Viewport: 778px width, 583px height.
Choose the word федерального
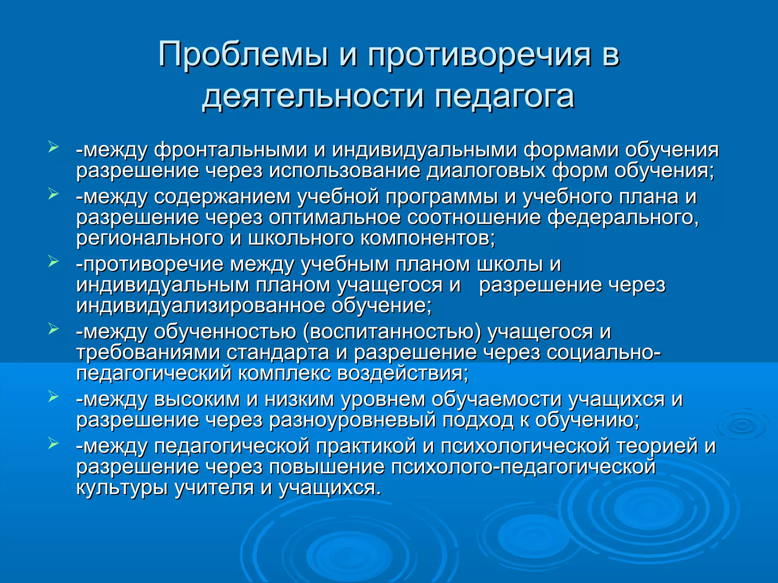[x=623, y=218]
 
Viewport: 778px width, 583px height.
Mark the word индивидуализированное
[x=201, y=306]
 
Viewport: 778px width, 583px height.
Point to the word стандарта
[x=278, y=353]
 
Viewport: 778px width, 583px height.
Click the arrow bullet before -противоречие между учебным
[x=53, y=262]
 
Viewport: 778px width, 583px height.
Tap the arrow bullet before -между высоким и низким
[x=53, y=397]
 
